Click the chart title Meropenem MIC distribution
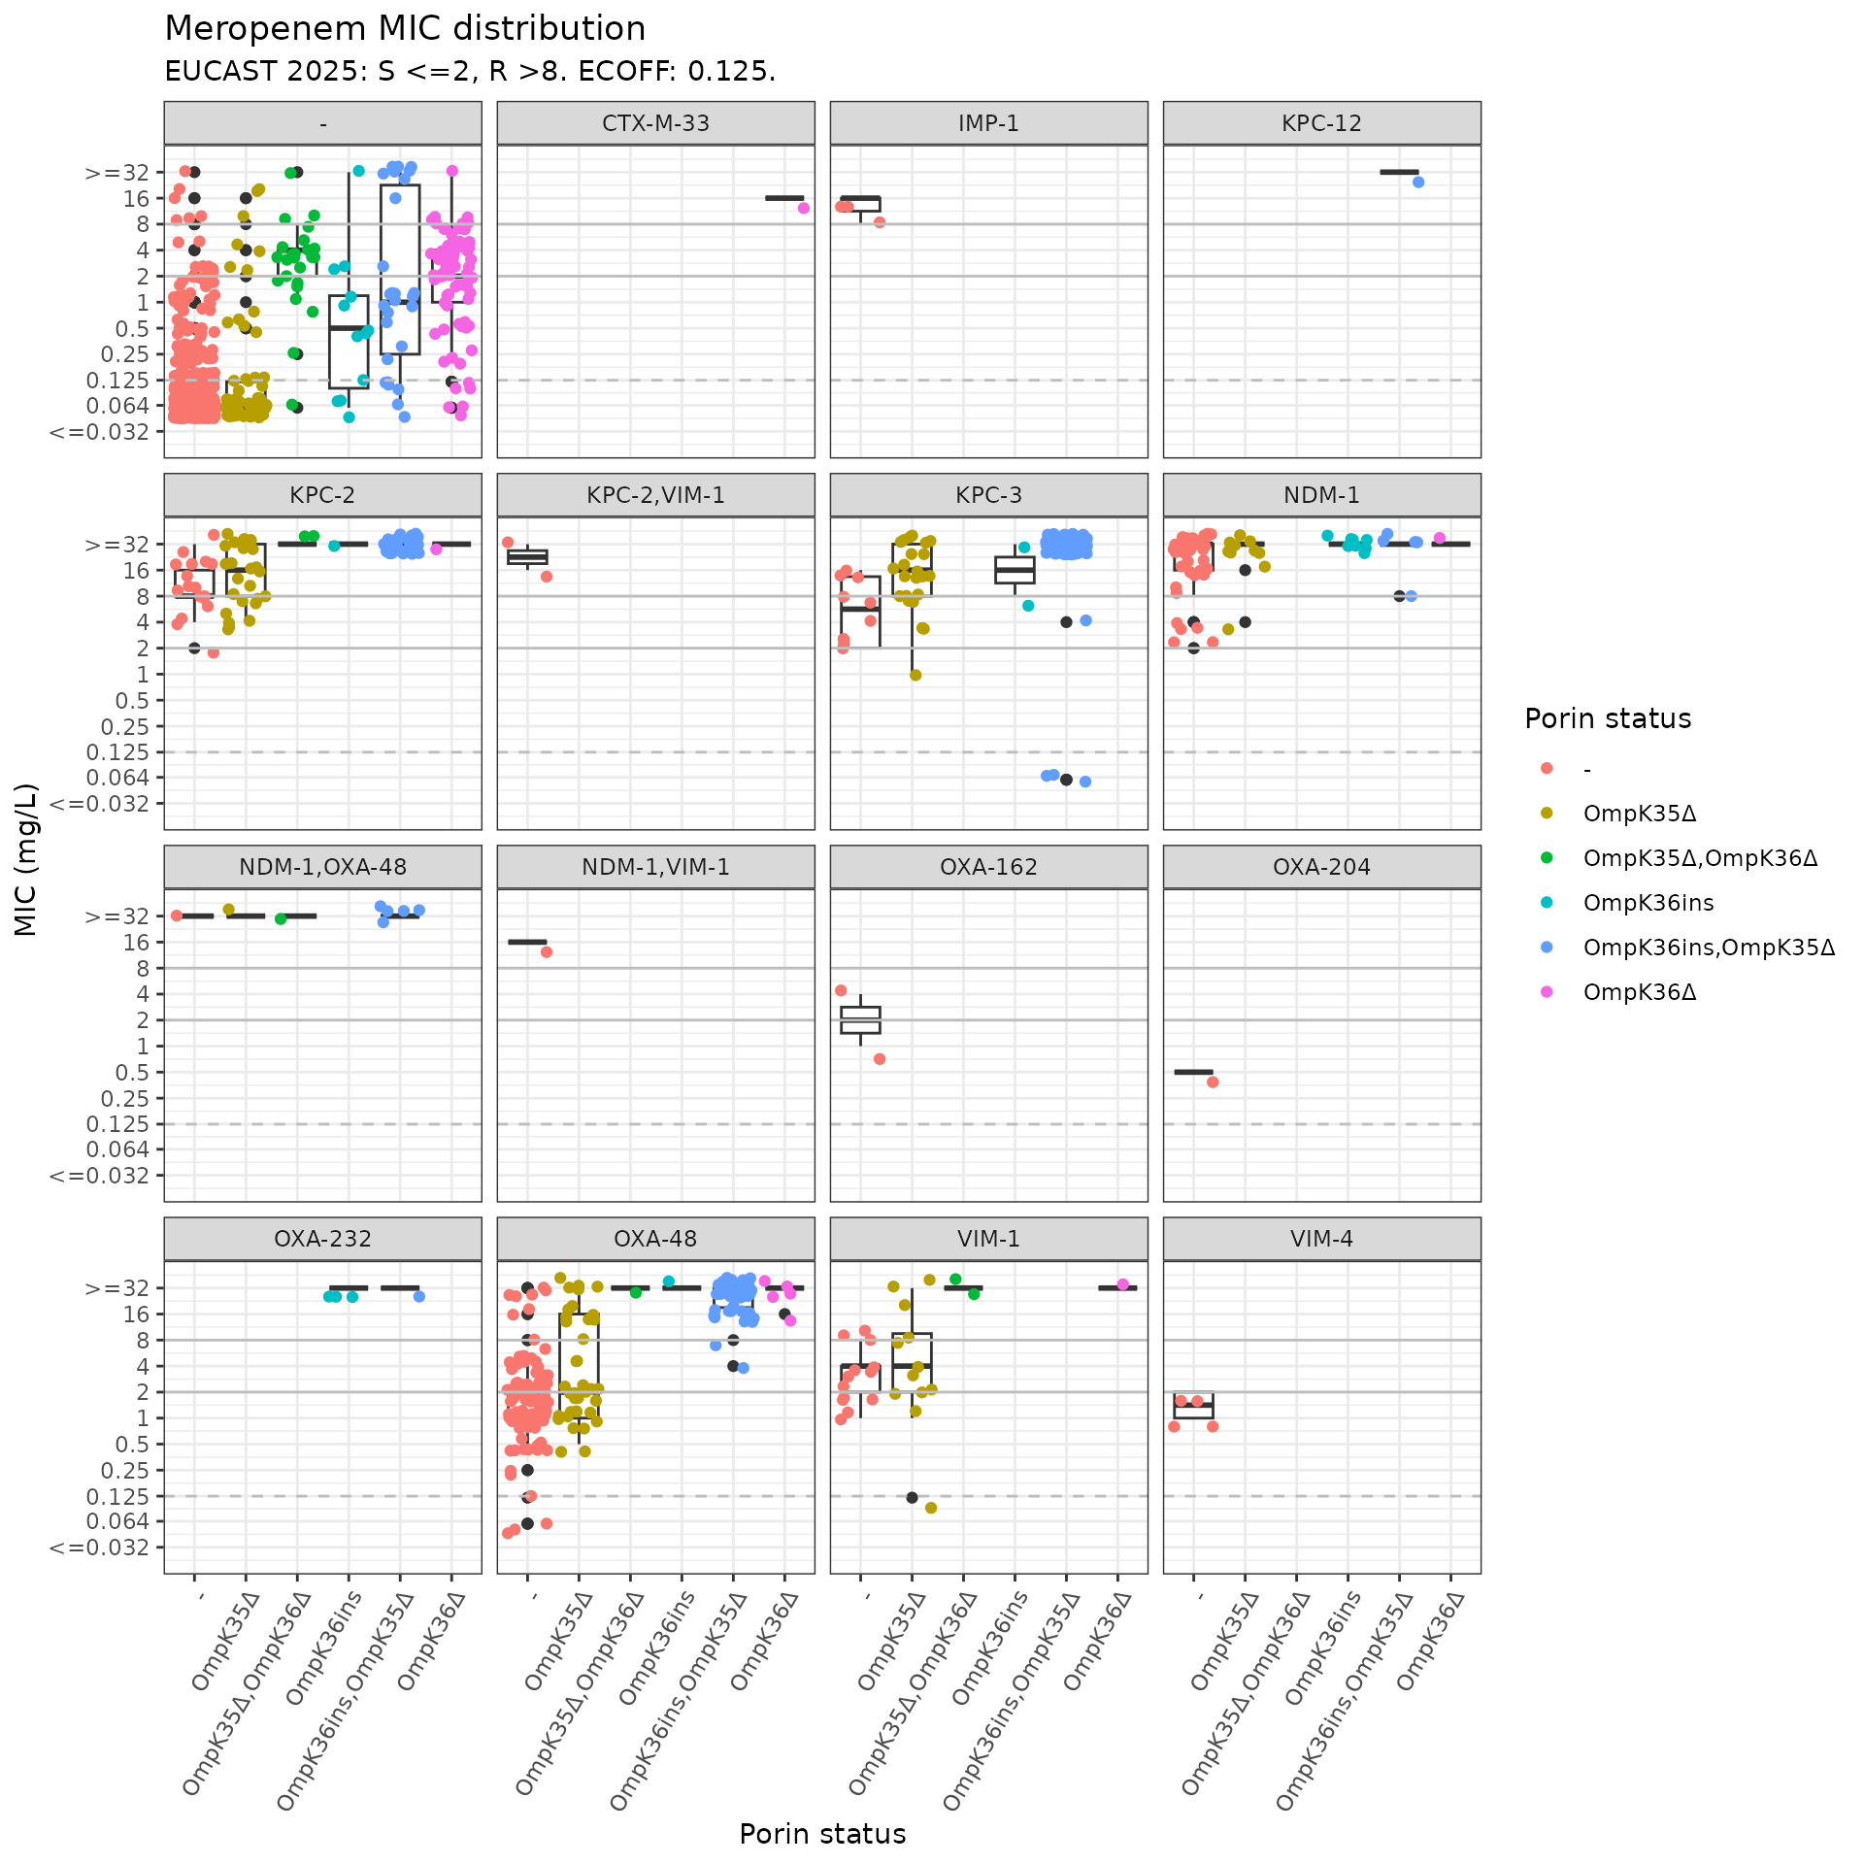coord(405,29)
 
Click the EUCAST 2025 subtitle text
coord(470,72)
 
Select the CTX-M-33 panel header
coord(655,123)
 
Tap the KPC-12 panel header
coord(1321,123)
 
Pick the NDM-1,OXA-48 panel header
coord(322,867)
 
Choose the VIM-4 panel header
coord(1321,1239)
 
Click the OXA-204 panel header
coord(1321,867)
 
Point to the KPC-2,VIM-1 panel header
coord(655,495)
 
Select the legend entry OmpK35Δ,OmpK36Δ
coord(1699,858)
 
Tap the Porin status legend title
coord(1608,718)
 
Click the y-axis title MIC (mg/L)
coord(26,859)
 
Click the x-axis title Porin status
coord(822,1834)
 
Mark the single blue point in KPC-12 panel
coord(1418,183)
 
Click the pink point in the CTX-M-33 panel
coord(804,208)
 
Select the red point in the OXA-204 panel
coord(1213,1082)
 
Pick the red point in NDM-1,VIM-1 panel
coord(547,952)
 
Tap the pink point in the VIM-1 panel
coord(1123,1284)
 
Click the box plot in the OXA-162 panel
coord(861,1020)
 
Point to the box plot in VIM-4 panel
coord(1193,1406)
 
